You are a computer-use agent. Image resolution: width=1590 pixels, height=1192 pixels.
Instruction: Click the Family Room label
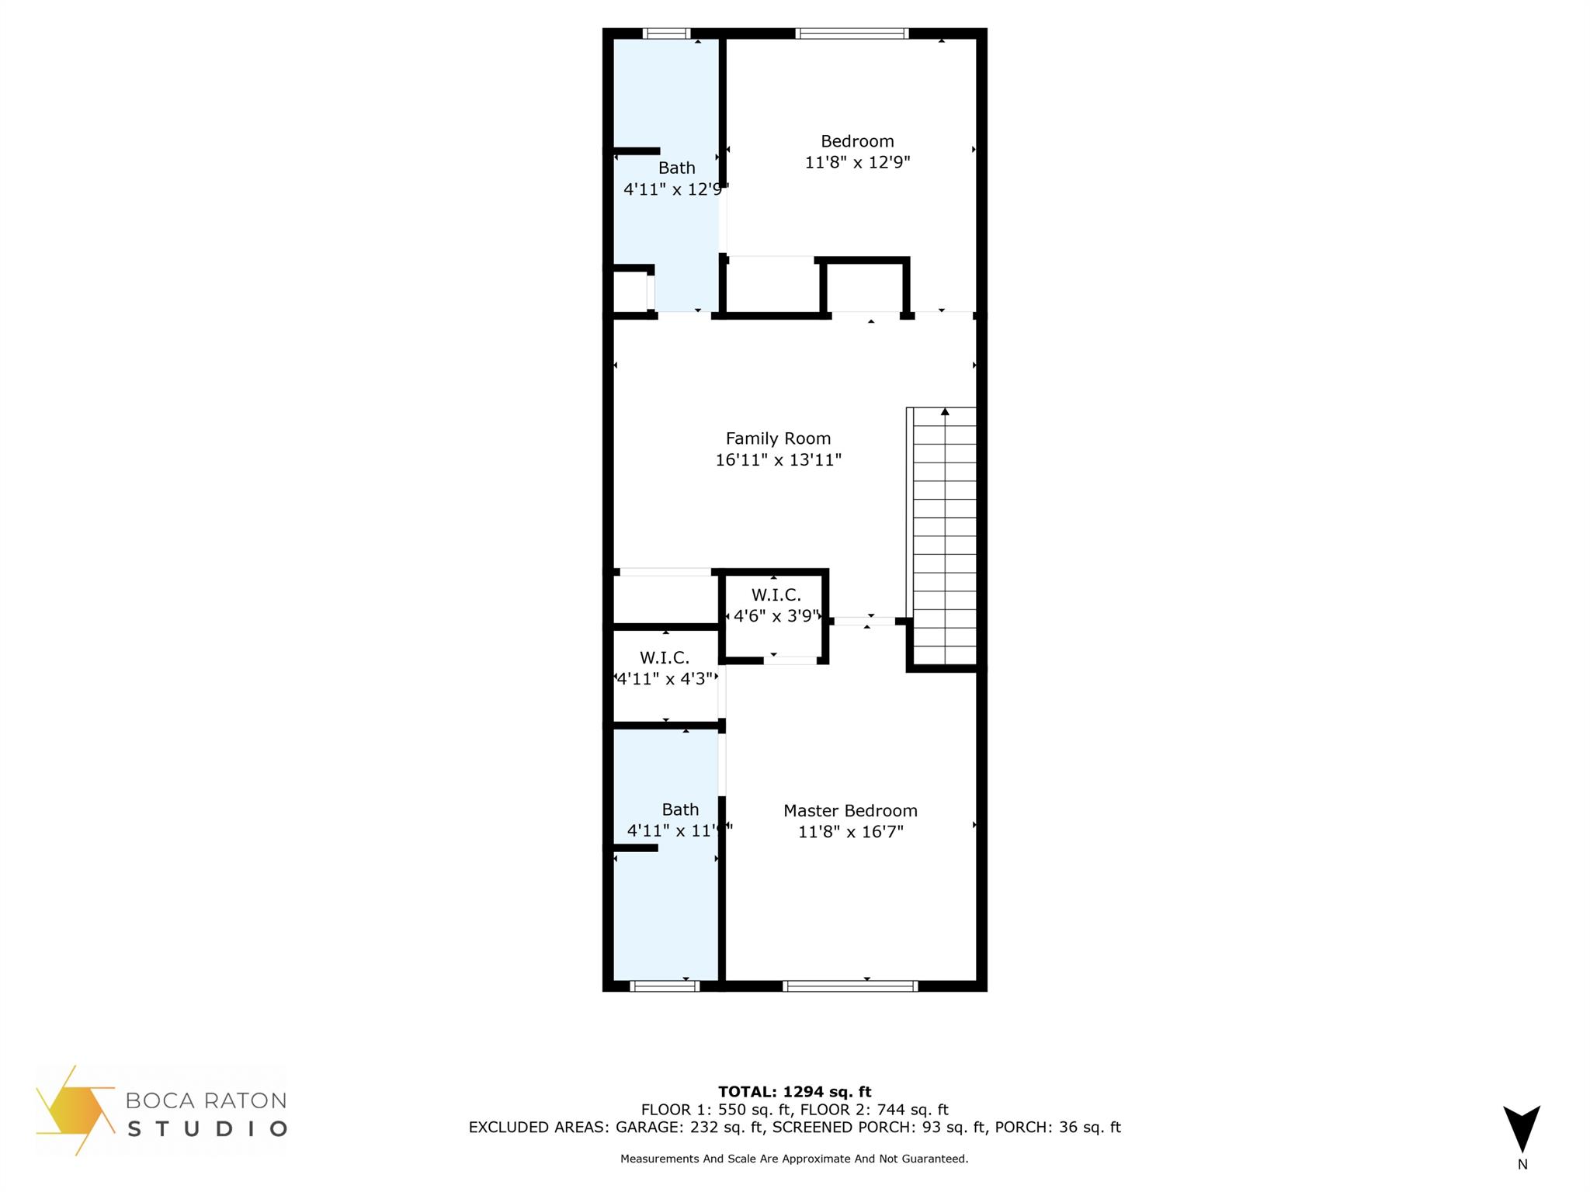[x=778, y=438]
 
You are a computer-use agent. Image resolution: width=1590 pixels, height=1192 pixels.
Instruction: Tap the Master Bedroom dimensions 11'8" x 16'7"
[x=851, y=832]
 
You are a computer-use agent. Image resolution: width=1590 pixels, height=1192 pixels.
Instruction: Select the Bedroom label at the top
[x=857, y=141]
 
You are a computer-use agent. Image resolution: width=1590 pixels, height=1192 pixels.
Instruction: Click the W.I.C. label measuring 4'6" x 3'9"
[x=776, y=595]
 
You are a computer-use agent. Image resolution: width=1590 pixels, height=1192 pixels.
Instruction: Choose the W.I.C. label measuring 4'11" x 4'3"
[x=665, y=658]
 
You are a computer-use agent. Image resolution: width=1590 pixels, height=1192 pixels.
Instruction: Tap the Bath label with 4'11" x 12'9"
[x=676, y=168]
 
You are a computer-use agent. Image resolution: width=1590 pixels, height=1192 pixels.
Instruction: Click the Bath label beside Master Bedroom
[x=680, y=809]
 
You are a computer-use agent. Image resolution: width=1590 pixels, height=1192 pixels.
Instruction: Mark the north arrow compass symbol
[x=1522, y=1129]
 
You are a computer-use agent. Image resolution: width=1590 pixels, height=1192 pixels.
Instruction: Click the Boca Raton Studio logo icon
[x=74, y=1110]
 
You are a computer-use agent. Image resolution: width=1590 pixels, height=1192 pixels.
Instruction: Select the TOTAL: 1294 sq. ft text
[x=794, y=1092]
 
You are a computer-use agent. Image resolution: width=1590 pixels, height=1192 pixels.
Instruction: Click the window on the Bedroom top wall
[x=852, y=33]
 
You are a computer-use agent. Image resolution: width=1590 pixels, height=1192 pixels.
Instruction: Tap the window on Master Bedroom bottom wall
[x=850, y=986]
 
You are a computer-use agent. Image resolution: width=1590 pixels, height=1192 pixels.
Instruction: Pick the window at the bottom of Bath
[x=665, y=986]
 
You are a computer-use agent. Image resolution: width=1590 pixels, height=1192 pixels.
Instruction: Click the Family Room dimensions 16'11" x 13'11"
[x=778, y=460]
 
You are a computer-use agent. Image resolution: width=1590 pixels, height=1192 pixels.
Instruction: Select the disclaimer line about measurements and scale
[x=794, y=1159]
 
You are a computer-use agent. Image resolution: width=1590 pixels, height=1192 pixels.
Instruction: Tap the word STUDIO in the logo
[x=207, y=1128]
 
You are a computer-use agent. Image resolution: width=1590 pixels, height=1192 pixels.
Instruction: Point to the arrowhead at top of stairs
[x=945, y=412]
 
